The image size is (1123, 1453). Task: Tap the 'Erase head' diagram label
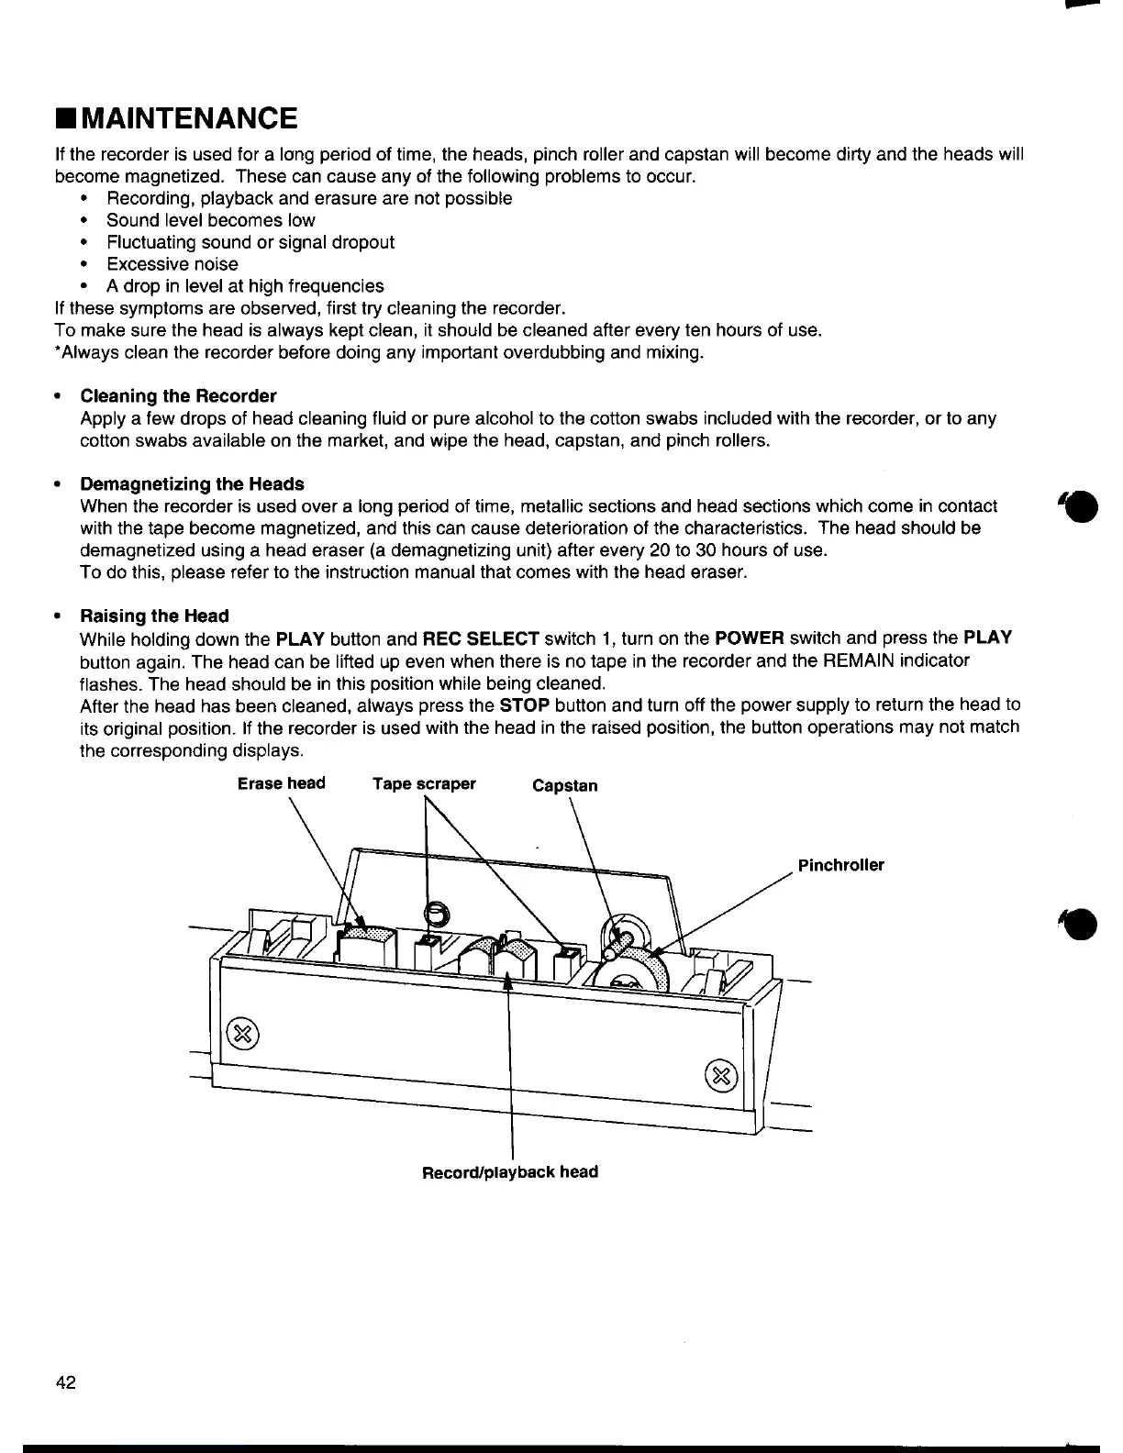281,783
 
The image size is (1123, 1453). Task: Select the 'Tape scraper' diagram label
424,783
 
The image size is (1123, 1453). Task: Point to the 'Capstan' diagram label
564,785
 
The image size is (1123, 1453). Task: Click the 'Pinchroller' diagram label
840,865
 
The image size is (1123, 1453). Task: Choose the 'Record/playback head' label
509,1171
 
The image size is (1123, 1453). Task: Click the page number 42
66,1382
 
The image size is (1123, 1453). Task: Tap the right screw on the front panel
721,1074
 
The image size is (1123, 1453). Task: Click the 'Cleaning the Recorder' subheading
178,396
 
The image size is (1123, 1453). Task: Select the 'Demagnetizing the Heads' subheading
192,483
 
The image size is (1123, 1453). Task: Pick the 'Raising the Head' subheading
154,616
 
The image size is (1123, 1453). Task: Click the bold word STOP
525,705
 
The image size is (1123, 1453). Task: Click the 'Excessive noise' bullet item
172,264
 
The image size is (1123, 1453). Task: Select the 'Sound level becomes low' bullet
210,220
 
